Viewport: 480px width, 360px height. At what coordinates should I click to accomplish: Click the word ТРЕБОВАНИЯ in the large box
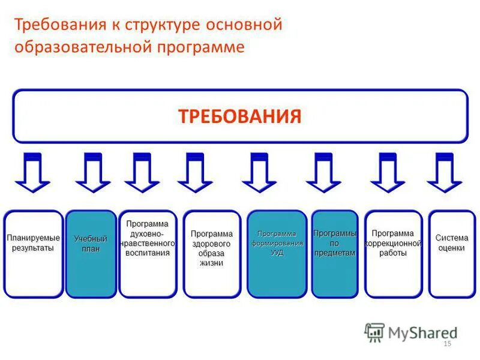coord(239,116)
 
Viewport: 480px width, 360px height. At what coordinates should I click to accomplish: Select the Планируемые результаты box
coord(33,254)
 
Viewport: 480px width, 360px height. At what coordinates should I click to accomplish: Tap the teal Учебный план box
coord(91,254)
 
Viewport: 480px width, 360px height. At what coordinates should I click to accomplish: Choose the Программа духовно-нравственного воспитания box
coord(148,254)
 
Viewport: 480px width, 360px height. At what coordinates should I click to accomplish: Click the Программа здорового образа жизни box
coord(212,254)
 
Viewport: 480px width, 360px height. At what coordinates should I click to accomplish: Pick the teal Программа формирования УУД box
coord(277,254)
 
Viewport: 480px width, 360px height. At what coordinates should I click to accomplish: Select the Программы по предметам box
coord(335,254)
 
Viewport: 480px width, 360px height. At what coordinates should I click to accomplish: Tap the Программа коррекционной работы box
coord(393,254)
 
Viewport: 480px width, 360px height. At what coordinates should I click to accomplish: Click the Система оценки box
coord(451,254)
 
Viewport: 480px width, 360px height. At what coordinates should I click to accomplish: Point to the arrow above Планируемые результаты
coord(33,173)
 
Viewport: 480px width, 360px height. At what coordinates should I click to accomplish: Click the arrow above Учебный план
coord(93,173)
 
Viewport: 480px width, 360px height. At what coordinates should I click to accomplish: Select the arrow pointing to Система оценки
coord(445,173)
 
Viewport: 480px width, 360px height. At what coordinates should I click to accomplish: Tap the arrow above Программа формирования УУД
coord(259,173)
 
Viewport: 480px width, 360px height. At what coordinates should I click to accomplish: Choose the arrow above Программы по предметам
coord(323,173)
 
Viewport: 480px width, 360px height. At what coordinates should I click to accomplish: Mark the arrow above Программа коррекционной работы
coord(388,173)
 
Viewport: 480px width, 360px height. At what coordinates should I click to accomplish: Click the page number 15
coord(446,344)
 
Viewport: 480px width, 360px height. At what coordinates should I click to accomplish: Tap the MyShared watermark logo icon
coord(374,332)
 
